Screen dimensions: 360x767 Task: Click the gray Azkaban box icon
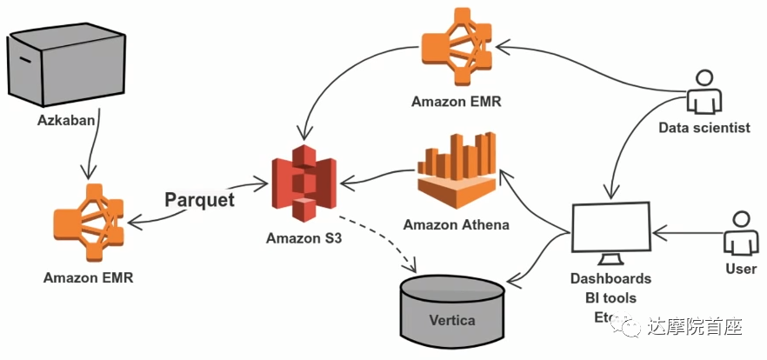click(x=63, y=66)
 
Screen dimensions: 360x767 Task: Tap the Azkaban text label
click(x=64, y=118)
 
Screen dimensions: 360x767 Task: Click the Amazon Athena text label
click(x=456, y=224)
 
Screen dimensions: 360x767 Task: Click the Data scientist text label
click(x=704, y=128)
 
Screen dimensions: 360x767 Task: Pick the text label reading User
click(x=740, y=269)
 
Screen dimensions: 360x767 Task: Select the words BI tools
click(x=610, y=298)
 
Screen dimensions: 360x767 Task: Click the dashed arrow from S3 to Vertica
click(x=383, y=237)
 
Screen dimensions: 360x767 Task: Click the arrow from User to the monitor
click(x=689, y=232)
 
